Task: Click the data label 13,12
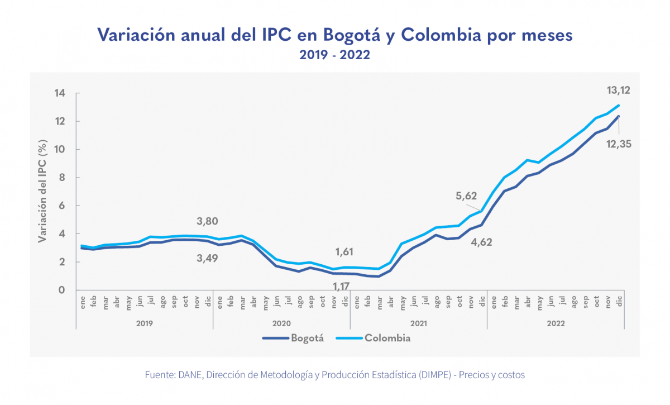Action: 618,90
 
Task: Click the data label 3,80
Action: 207,220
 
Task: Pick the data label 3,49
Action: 207,258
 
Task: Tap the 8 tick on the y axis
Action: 63,178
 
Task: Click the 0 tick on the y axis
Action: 63,290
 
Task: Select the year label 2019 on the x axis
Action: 144,323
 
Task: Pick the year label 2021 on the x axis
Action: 418,323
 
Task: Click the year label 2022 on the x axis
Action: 556,323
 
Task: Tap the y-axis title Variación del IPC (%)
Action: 42,192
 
